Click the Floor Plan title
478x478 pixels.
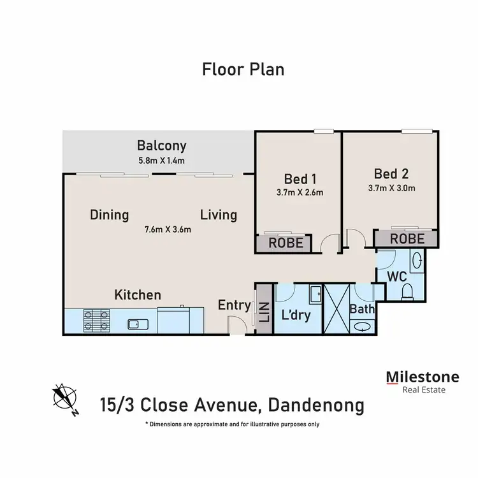tap(243, 69)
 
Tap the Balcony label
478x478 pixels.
tap(162, 146)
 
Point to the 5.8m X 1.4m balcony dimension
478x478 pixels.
tap(162, 161)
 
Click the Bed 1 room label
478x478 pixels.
tap(300, 179)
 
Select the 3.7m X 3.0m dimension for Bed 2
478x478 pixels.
tap(392, 188)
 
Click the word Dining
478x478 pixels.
tap(110, 215)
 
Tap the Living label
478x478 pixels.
tap(219, 215)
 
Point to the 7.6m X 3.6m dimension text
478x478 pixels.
tap(168, 229)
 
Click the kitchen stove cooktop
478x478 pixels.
tap(97, 321)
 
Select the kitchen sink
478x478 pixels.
tap(138, 324)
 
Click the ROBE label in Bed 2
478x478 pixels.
tap(407, 239)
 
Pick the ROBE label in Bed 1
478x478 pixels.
tap(286, 243)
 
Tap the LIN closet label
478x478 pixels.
tap(264, 312)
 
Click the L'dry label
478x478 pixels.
tap(296, 315)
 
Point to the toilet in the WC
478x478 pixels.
tap(407, 291)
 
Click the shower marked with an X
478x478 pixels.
tap(337, 309)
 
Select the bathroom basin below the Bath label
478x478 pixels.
tap(363, 326)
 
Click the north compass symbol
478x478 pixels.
tap(65, 399)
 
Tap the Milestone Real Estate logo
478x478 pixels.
tap(423, 382)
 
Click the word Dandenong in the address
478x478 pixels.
tap(316, 405)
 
